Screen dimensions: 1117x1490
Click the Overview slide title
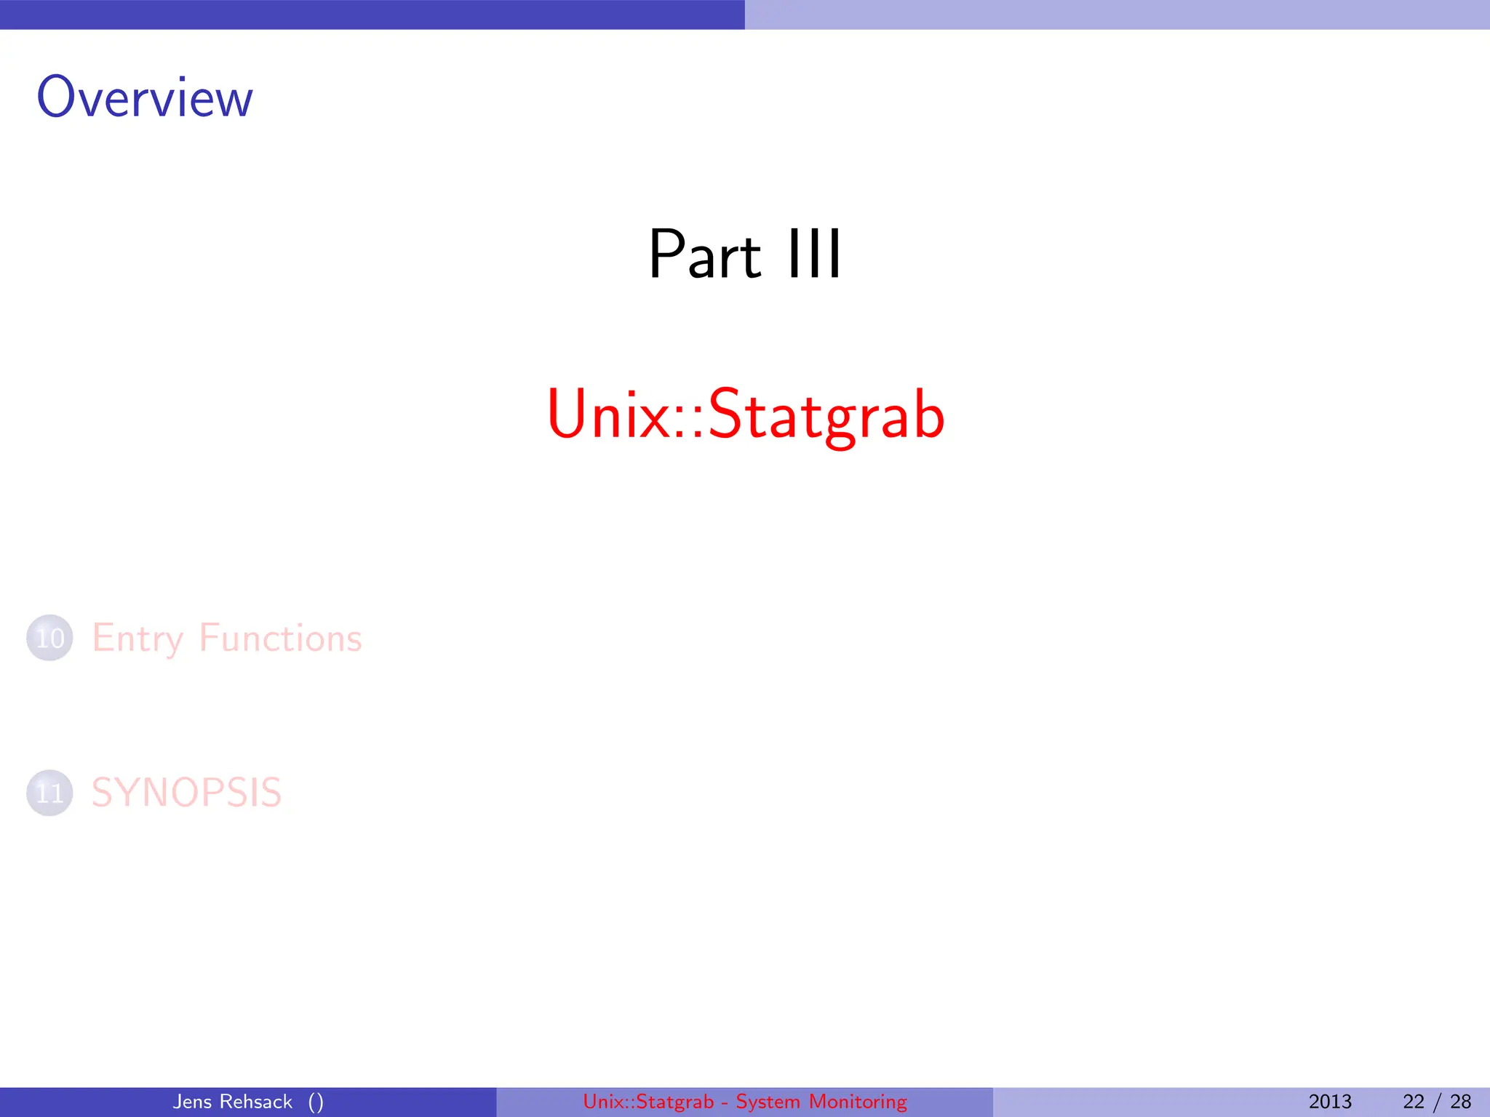[145, 97]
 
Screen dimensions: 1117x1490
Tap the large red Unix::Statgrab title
[746, 415]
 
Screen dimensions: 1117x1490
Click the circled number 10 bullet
[49, 638]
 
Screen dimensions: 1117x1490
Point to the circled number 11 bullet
[49, 793]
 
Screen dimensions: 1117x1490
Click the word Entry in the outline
[137, 639]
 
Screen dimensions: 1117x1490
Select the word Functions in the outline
[280, 638]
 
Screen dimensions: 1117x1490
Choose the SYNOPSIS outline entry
[186, 793]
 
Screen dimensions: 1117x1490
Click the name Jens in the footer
[191, 1102]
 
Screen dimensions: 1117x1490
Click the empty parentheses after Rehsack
[316, 1102]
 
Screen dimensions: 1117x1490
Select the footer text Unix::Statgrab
[648, 1102]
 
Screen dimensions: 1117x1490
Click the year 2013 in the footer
[1330, 1102]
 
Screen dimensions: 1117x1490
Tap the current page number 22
[1414, 1102]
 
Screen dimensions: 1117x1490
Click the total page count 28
[1460, 1102]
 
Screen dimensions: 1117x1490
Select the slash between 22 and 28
[1437, 1102]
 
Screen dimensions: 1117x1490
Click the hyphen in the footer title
[725, 1102]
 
